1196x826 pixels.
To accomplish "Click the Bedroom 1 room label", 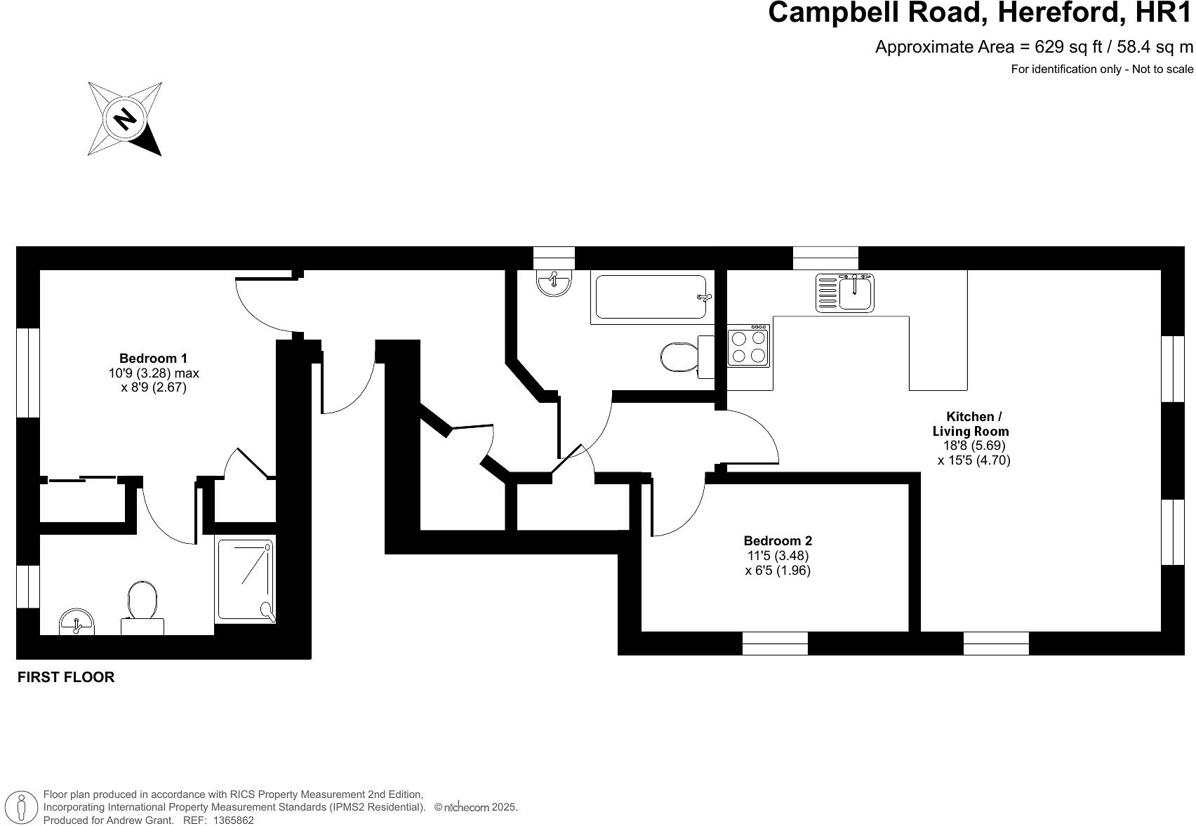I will (x=153, y=358).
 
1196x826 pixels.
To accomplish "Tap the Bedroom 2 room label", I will (x=778, y=540).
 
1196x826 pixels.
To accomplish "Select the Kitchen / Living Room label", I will (x=970, y=424).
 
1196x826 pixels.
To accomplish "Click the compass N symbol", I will (x=125, y=118).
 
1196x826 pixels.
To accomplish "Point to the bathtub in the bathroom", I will (x=651, y=297).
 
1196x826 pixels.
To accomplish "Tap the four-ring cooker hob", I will (x=747, y=347).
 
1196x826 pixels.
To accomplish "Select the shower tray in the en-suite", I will (x=245, y=580).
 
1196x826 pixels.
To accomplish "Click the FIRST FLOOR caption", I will (x=66, y=677).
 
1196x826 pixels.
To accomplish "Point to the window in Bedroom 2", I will (x=775, y=643).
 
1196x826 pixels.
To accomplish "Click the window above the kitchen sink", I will (x=825, y=258).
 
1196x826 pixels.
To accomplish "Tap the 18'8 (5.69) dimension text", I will (x=974, y=446).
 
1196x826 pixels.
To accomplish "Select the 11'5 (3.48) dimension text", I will (x=778, y=555).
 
